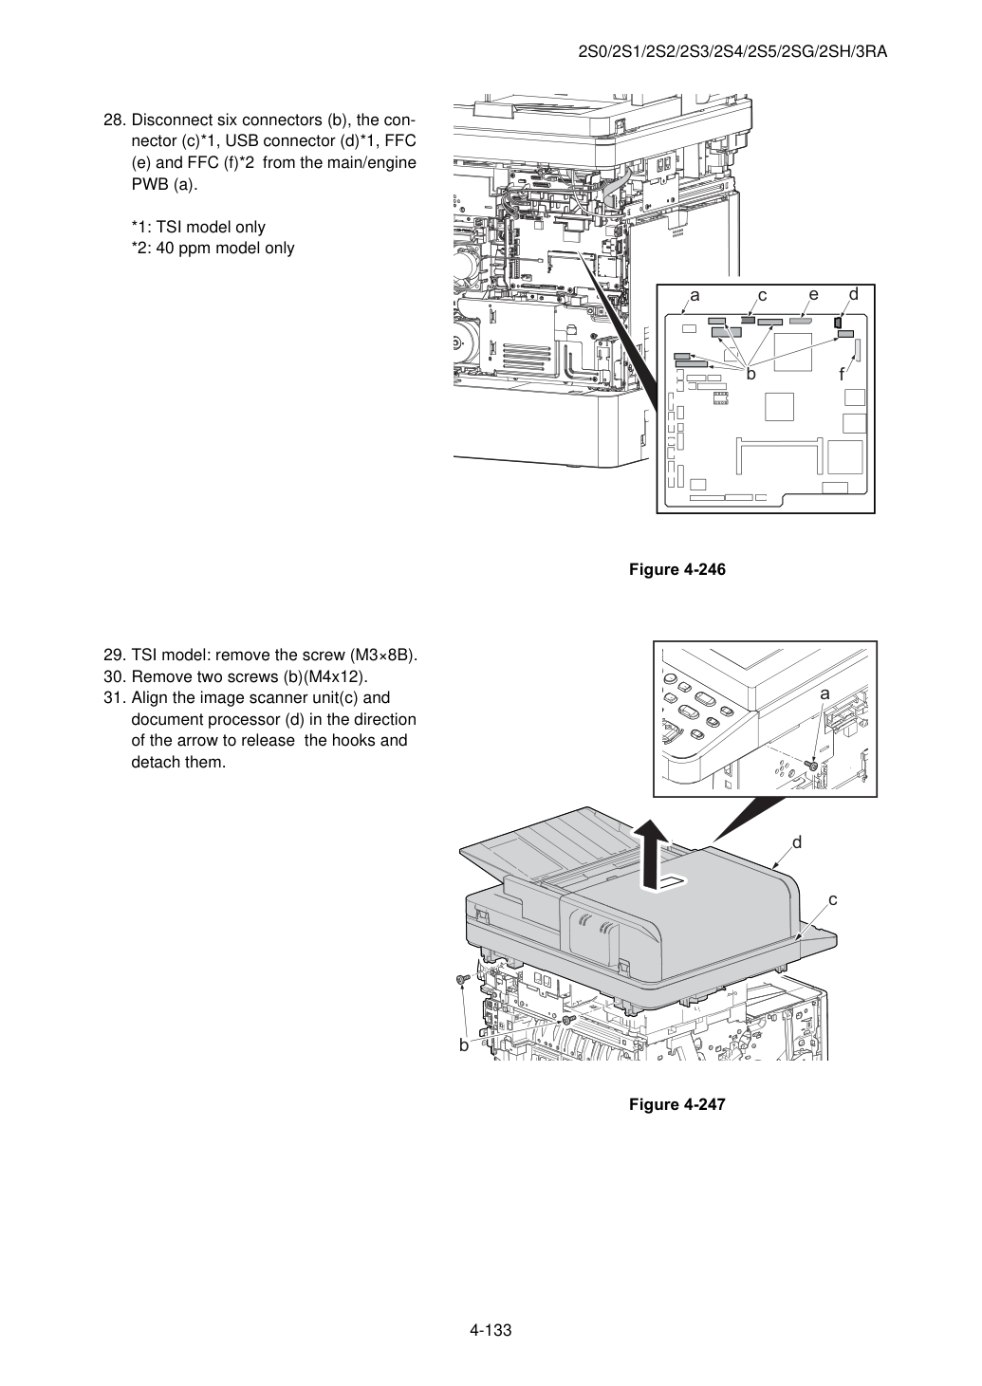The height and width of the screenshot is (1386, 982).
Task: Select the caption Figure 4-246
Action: coord(676,569)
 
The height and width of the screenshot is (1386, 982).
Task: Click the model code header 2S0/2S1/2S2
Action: coord(639,52)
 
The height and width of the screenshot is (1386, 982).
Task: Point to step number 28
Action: coord(115,120)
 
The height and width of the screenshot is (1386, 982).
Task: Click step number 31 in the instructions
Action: coord(115,698)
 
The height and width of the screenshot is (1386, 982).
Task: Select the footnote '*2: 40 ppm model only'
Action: coord(213,249)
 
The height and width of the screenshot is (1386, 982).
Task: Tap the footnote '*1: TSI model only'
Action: coord(198,227)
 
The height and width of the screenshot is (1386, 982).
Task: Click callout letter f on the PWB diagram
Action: coord(842,374)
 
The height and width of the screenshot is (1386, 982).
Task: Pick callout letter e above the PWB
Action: coord(814,295)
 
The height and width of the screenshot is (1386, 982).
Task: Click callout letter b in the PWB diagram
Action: coord(751,374)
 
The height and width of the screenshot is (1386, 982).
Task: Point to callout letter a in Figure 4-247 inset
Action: coord(825,694)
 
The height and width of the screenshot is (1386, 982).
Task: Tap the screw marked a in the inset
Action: coord(812,767)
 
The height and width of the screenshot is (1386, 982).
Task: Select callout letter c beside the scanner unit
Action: coord(832,899)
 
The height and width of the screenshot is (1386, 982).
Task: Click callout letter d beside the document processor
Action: coord(797,842)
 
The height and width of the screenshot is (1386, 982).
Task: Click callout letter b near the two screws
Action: coord(463,1045)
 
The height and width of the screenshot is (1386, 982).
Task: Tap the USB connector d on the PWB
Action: coord(838,323)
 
